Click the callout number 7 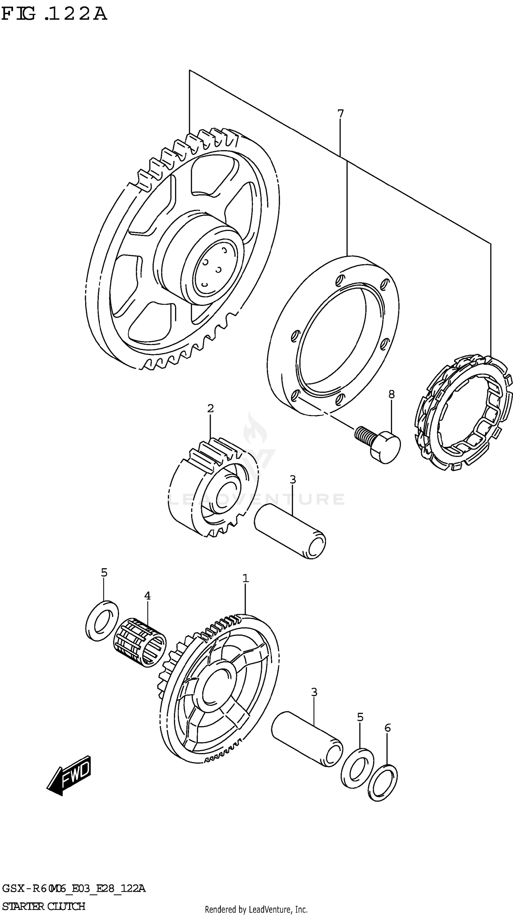[340, 114]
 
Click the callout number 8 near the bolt [391, 394]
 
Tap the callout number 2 [210, 408]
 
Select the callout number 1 [245, 579]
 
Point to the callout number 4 [147, 595]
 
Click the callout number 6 [387, 728]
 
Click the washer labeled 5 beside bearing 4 [102, 620]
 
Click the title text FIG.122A [53, 14]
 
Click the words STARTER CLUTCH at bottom [43, 906]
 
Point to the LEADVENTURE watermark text [256, 499]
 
